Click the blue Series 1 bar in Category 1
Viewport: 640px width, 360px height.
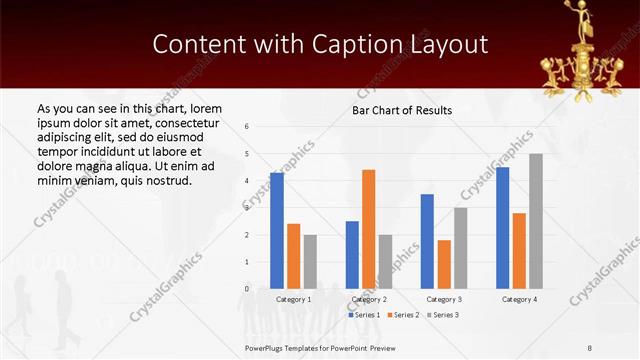point(277,231)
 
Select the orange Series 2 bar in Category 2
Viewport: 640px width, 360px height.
point(368,229)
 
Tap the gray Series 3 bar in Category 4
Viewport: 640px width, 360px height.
point(536,221)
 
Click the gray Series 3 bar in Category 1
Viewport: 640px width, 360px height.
point(310,261)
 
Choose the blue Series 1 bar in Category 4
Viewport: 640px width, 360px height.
point(502,228)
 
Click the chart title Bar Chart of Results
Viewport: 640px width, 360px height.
point(402,110)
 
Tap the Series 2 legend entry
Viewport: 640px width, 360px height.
point(403,315)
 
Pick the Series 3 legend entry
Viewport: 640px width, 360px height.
point(442,315)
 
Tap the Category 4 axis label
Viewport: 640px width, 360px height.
point(519,299)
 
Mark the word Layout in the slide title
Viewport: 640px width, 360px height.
point(446,45)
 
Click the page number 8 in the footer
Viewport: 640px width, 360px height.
point(589,348)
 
